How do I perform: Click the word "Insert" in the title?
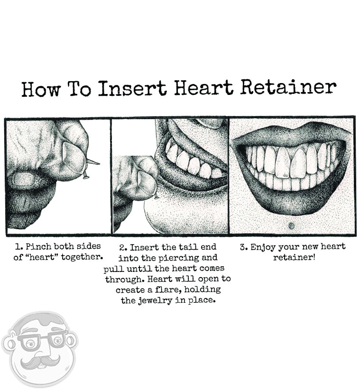coord(132,88)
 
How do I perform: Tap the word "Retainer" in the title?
coord(288,87)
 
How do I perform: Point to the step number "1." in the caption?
coord(18,247)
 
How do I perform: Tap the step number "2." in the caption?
coord(123,247)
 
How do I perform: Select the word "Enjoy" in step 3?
coord(264,247)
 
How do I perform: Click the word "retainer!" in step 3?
coord(294,257)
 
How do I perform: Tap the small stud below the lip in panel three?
coord(291,224)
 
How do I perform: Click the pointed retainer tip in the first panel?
coord(93,162)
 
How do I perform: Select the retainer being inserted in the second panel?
coord(156,195)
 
